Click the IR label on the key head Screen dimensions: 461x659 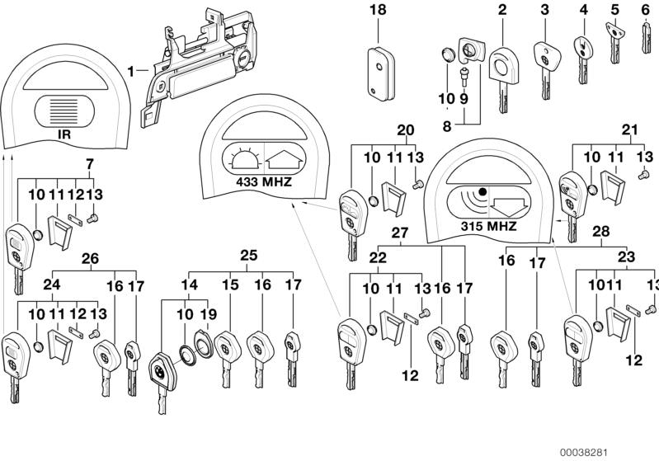tap(64, 133)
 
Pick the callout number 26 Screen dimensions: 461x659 tap(90, 257)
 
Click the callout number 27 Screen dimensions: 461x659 tap(400, 233)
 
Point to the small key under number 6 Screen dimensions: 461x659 tap(646, 38)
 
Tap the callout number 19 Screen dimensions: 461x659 tap(209, 313)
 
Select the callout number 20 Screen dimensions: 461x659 tap(405, 129)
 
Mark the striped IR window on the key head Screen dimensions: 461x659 tap(64, 108)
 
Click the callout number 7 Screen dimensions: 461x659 tap(90, 164)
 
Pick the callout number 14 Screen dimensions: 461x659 tap(191, 285)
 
